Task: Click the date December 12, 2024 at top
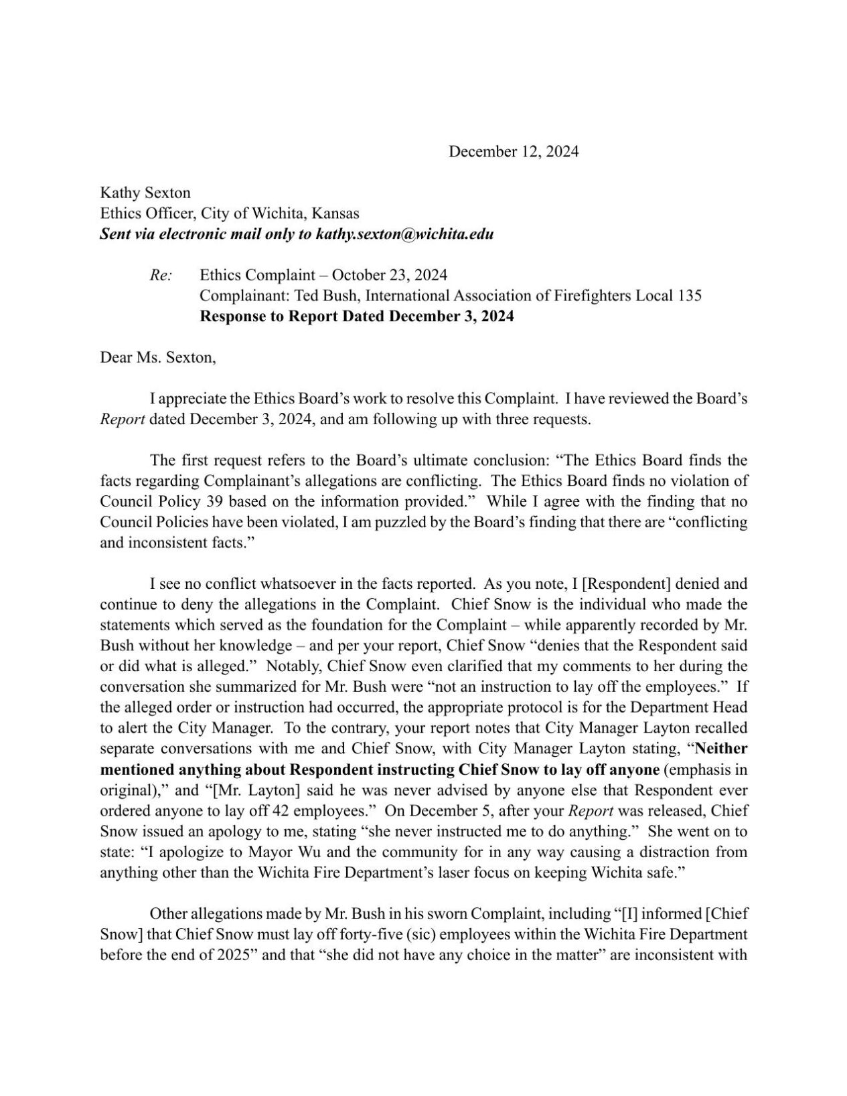pos(513,152)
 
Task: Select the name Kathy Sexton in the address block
pos(145,193)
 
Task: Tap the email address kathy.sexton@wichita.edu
pos(404,234)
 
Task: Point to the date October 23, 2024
pos(390,275)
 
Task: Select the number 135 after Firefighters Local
pos(689,296)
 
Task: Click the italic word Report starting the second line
pos(123,420)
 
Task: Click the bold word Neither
pos(722,749)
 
